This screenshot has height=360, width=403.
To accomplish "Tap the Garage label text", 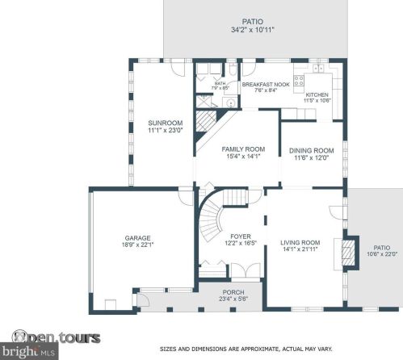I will pyautogui.click(x=138, y=238).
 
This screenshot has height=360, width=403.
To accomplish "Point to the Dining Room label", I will pyautogui.click(x=312, y=150).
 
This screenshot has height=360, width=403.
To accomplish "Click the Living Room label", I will pyautogui.click(x=300, y=242).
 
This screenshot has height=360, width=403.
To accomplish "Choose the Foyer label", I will pyautogui.click(x=229, y=236).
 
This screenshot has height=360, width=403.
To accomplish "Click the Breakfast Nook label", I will pyautogui.click(x=261, y=85).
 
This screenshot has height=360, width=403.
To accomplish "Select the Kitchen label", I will pyautogui.click(x=317, y=94).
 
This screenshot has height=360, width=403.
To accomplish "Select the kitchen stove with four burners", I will pyautogui.click(x=298, y=81).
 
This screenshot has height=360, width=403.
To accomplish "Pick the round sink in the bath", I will pyautogui.click(x=229, y=103).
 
